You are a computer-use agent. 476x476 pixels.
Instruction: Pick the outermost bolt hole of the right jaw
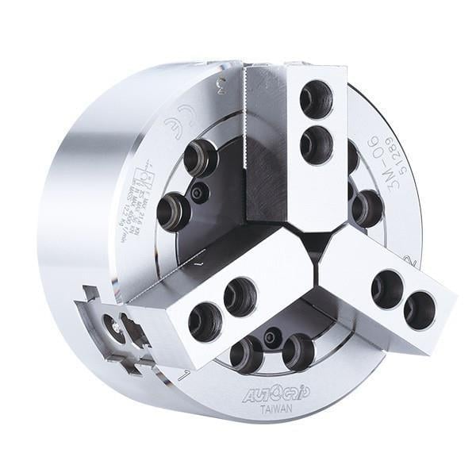(420, 310)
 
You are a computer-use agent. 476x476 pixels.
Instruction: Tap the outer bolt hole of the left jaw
(205, 320)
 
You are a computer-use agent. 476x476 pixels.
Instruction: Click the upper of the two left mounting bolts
(200, 157)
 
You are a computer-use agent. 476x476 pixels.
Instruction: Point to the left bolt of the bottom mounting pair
(246, 354)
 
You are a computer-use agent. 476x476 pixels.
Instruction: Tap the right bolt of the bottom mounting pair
(297, 351)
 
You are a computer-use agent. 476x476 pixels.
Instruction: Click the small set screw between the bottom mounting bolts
(271, 336)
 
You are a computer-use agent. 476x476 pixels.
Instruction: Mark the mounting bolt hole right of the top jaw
(367, 208)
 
